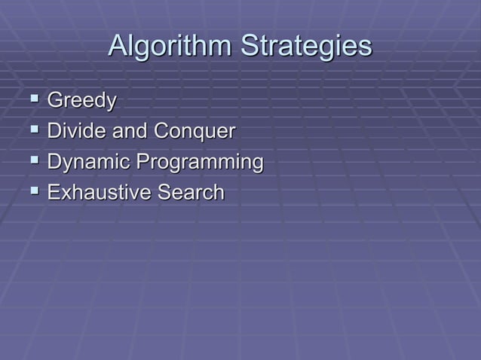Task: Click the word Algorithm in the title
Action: pyautogui.click(x=170, y=47)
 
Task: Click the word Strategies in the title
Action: pyautogui.click(x=306, y=47)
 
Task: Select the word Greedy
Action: pyautogui.click(x=82, y=101)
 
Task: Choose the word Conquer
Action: pyautogui.click(x=195, y=133)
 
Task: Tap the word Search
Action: pyautogui.click(x=191, y=193)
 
